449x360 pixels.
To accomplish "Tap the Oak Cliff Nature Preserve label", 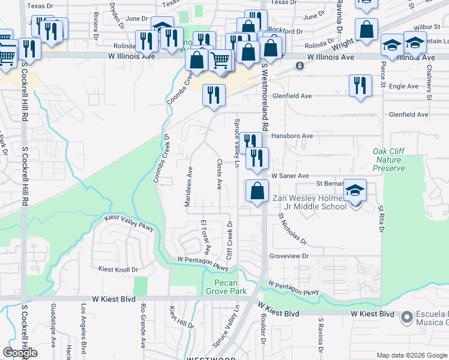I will point(388,160).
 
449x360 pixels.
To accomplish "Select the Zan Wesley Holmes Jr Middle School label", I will point(310,202).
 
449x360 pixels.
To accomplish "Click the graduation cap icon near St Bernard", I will point(355,190).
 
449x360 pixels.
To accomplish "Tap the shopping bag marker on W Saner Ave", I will point(257,191).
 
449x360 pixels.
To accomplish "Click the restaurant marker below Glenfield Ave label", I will point(214,95).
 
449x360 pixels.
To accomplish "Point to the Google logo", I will point(20,353).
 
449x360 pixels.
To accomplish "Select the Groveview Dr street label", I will point(289,255).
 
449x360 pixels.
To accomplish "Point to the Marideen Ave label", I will point(188,186).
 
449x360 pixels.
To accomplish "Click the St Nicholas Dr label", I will point(292,230).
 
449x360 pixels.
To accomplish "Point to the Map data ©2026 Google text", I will point(411,355).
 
